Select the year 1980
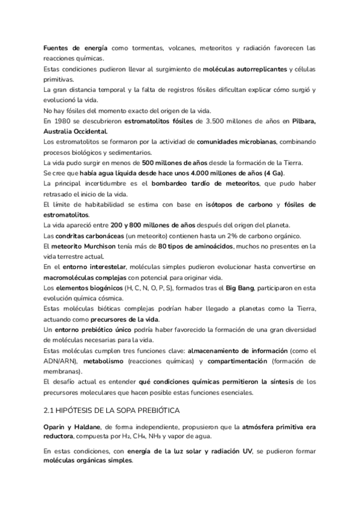(x=61, y=121)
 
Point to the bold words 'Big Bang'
(x=241, y=288)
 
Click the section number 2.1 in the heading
(x=50, y=410)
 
